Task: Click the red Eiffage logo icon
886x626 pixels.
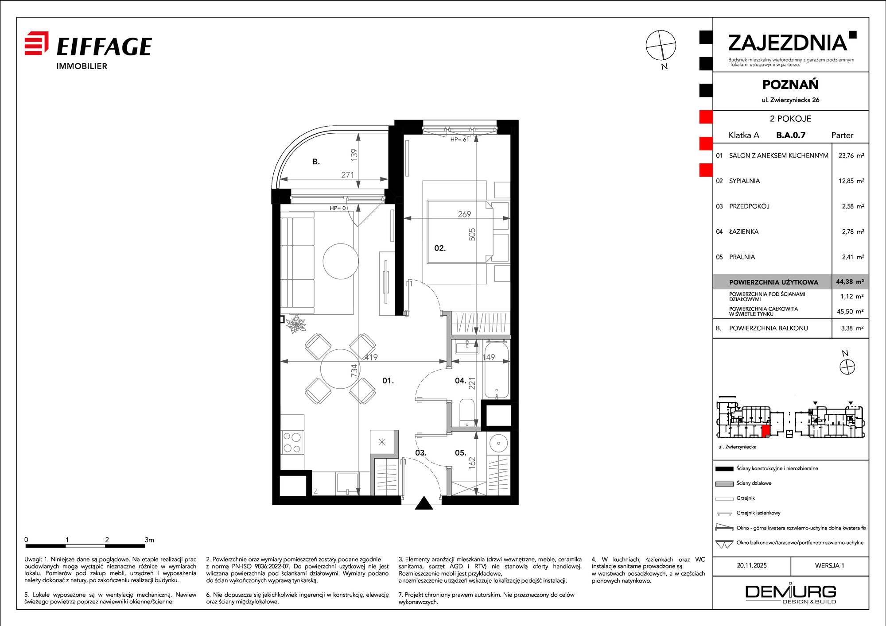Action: [x=36, y=43]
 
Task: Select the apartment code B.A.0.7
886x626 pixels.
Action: [x=791, y=135]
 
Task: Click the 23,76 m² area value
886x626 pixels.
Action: [x=851, y=155]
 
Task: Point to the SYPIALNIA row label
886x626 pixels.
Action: [x=744, y=181]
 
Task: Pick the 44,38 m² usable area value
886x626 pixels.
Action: [x=850, y=282]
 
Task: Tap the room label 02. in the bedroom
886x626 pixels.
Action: [x=440, y=248]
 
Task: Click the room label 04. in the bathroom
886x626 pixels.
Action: [x=461, y=380]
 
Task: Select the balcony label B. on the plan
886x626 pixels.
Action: [x=316, y=162]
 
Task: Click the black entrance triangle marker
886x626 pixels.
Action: [x=424, y=503]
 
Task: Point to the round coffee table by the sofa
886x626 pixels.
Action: [x=340, y=261]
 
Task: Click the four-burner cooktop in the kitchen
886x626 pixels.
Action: [x=292, y=443]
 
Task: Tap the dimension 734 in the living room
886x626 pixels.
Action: [x=354, y=371]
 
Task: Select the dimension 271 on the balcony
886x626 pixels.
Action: [x=348, y=175]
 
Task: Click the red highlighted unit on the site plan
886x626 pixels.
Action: [x=766, y=432]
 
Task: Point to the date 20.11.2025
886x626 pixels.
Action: [x=752, y=565]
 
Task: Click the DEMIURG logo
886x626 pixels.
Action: [x=791, y=594]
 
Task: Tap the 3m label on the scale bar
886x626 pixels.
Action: [x=149, y=540]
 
